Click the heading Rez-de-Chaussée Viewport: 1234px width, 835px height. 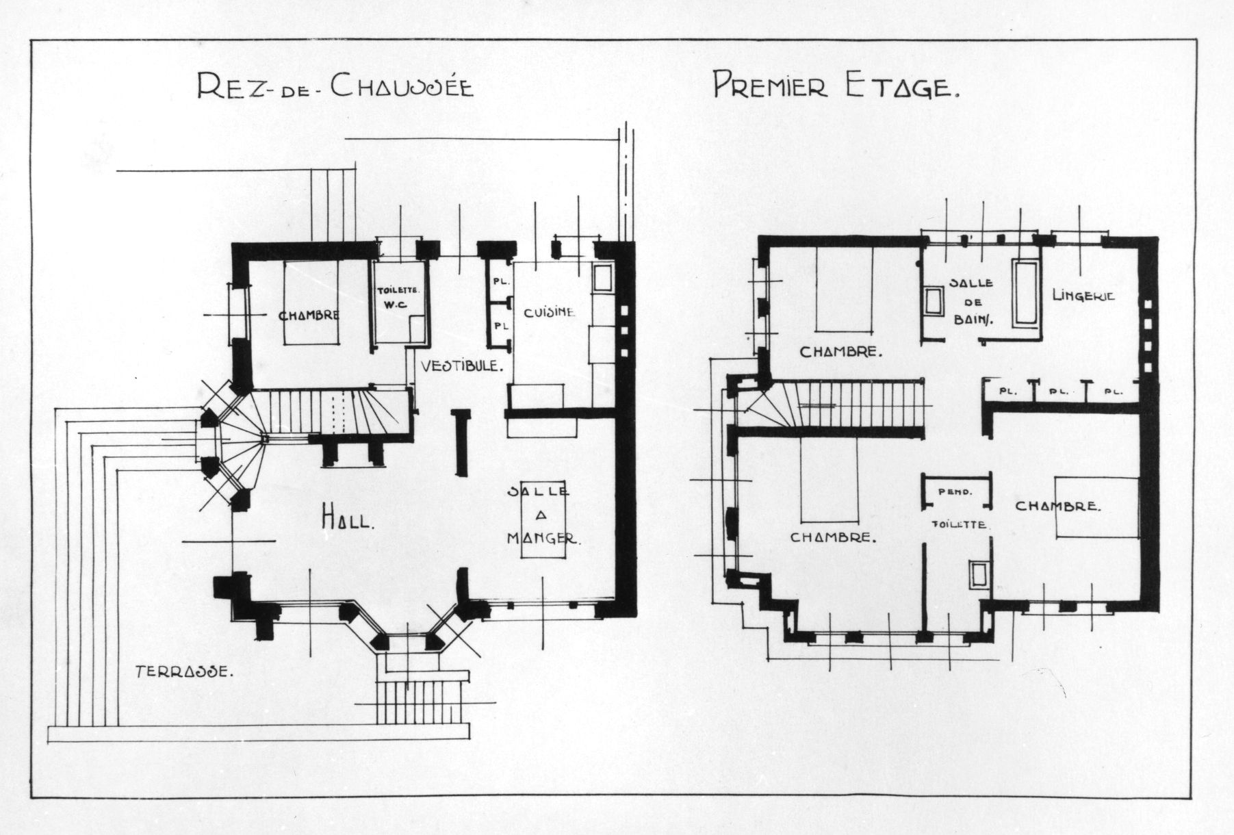point(335,87)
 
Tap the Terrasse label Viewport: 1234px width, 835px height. point(185,671)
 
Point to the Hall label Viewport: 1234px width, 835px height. point(348,521)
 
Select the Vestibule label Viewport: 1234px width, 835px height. point(463,365)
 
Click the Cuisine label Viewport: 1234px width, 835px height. point(550,312)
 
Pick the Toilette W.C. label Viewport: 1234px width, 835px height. point(398,296)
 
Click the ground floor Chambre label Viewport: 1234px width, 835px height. point(309,316)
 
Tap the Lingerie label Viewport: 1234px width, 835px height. point(1083,296)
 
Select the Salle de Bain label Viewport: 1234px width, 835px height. point(971,300)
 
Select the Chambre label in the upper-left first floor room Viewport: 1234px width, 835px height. point(839,352)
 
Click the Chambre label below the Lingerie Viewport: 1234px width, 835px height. point(1057,506)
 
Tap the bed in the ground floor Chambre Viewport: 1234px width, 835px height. point(313,303)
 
